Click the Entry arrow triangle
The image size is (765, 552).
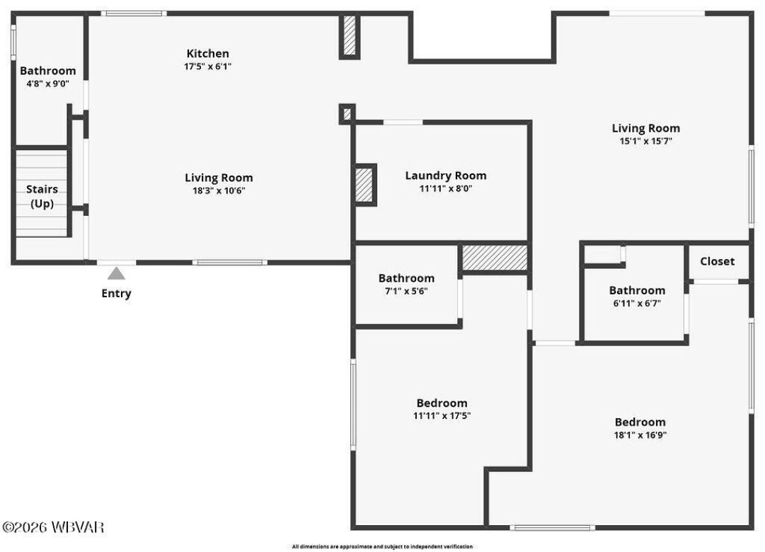point(116,274)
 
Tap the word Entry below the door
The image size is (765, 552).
point(116,293)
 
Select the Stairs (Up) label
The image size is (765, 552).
point(42,196)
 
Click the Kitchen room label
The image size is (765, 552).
point(207,54)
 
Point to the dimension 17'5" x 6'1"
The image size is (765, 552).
point(207,67)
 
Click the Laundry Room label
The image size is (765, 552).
point(445,176)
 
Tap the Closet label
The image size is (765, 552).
point(717,261)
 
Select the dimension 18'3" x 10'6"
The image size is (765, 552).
point(219,190)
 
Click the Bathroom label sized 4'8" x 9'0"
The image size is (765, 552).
point(47,71)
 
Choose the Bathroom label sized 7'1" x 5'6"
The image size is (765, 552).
point(406,278)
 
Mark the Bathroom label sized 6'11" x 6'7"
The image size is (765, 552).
point(637,290)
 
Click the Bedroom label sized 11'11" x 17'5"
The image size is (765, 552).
point(442,403)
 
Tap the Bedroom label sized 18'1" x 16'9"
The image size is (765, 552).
point(640,422)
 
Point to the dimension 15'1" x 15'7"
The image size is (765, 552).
point(645,141)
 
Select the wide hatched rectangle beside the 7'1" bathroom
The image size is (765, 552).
point(494,258)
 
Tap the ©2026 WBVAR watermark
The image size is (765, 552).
point(53,527)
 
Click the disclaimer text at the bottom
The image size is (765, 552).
point(382,546)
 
